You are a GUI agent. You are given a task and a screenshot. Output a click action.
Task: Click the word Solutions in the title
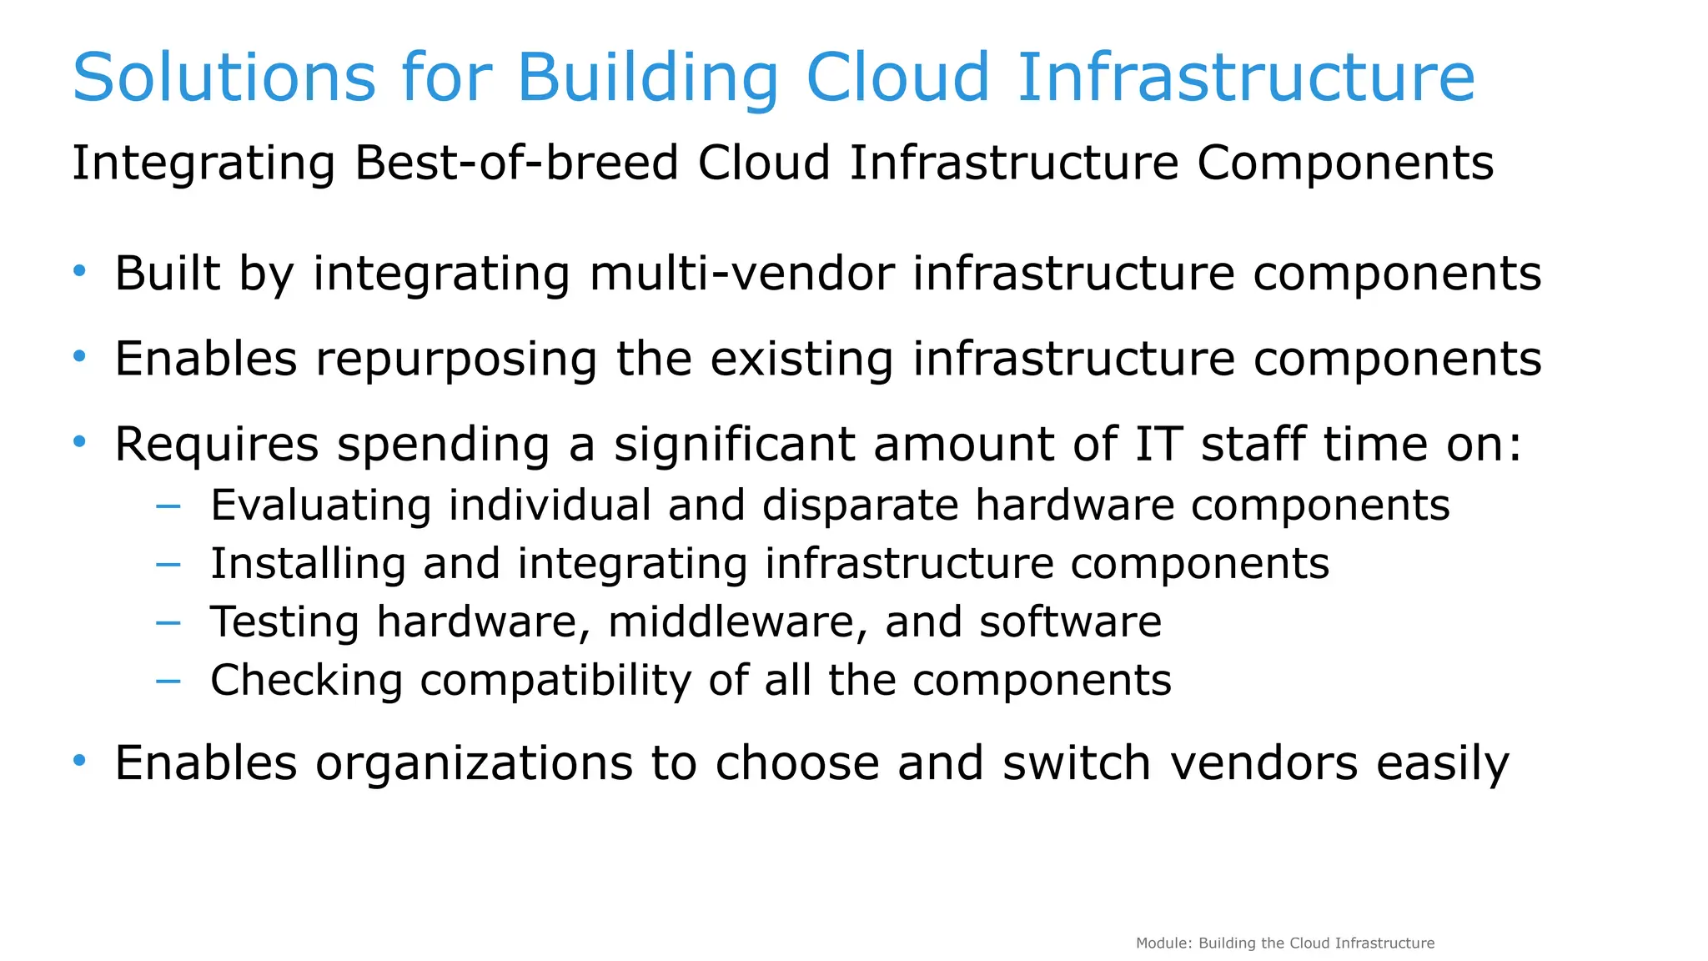[224, 78]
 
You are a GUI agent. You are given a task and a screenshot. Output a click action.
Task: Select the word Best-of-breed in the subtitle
[516, 163]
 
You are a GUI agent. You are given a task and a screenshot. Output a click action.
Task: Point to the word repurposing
[456, 360]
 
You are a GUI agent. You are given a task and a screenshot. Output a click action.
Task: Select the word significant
[734, 445]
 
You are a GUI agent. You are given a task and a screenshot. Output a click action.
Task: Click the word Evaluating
[320, 506]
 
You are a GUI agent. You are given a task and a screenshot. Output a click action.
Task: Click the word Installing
[308, 564]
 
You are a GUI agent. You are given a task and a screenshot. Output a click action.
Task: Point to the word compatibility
[555, 681]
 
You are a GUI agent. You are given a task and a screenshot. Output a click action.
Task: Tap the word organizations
[474, 763]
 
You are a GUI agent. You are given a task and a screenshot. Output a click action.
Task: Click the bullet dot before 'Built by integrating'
[79, 270]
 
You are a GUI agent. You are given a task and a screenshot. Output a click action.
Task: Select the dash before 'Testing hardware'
[168, 622]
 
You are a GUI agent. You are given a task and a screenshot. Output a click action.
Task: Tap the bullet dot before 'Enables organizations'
[79, 760]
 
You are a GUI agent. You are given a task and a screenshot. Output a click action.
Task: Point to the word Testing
[284, 623]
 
